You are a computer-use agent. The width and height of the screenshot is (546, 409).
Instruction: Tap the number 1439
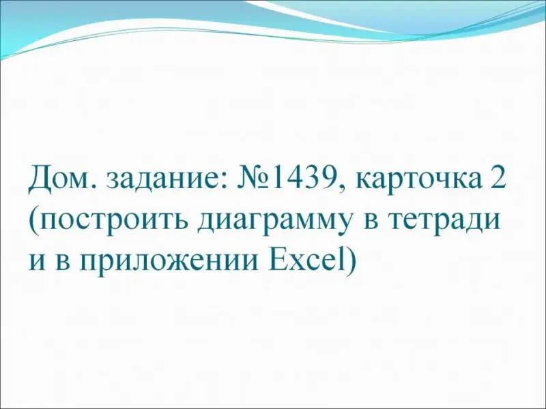pos(302,179)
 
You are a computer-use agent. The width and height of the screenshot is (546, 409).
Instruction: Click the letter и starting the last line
pos(37,260)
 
